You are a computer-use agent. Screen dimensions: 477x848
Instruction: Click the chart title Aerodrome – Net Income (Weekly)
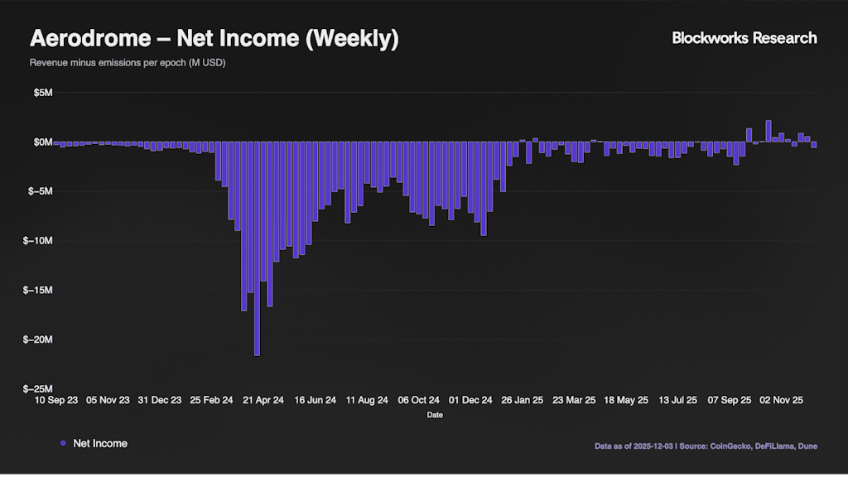(x=214, y=39)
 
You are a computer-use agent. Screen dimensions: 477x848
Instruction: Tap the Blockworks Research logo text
(x=744, y=38)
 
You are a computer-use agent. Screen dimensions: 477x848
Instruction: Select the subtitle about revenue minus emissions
(x=128, y=63)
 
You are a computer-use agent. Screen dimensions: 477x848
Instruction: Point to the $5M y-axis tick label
(x=43, y=93)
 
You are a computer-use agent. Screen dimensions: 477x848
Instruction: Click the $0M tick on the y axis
(x=43, y=142)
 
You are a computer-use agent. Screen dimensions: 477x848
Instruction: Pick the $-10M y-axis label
(x=40, y=241)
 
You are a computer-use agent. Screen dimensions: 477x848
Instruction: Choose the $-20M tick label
(x=40, y=340)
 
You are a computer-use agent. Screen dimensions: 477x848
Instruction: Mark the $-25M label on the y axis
(x=40, y=389)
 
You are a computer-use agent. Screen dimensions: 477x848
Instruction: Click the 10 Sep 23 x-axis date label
(x=56, y=400)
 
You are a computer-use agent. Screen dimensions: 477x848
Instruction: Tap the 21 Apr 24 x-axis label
(x=263, y=400)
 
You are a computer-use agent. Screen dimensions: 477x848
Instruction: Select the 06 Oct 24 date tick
(x=418, y=400)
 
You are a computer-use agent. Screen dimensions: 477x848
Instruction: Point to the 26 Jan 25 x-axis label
(x=522, y=400)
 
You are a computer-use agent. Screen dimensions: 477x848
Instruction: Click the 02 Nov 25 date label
(x=781, y=400)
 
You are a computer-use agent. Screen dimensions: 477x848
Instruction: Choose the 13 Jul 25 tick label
(x=677, y=400)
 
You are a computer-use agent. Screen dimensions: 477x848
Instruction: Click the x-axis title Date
(x=435, y=415)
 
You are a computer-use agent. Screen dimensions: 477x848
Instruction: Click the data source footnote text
(x=706, y=446)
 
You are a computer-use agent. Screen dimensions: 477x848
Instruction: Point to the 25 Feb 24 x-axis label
(x=211, y=400)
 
